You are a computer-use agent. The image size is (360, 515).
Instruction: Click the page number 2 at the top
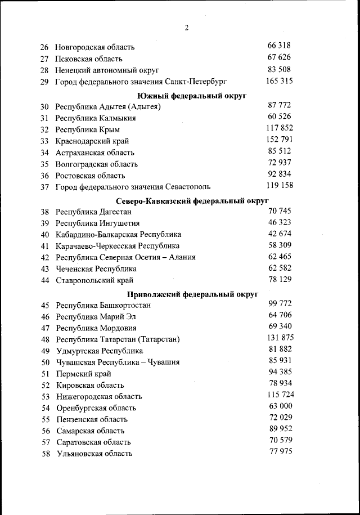click(186, 28)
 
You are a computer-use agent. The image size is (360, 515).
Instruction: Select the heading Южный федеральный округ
click(192, 96)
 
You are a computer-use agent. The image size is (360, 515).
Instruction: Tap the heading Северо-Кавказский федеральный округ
click(192, 200)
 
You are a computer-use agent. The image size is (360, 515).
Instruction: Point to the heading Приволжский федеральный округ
click(192, 294)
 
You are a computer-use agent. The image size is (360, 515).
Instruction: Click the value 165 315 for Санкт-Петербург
click(279, 81)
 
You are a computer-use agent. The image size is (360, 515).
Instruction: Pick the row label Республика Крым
click(87, 130)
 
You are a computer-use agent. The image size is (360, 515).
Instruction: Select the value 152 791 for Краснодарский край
click(279, 139)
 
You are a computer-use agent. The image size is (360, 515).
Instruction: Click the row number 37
click(45, 187)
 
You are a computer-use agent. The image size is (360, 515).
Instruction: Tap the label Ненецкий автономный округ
click(107, 70)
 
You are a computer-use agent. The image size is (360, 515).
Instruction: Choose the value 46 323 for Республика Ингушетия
click(280, 222)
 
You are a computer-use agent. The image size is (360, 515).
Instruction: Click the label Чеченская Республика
click(96, 269)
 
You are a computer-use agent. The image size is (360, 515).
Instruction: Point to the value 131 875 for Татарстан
click(280, 338)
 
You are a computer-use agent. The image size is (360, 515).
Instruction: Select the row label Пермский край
click(83, 374)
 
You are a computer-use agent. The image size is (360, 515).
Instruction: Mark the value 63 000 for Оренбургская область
click(280, 406)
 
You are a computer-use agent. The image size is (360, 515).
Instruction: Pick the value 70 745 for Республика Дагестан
click(280, 211)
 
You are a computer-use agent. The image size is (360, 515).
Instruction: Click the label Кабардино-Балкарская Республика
click(118, 235)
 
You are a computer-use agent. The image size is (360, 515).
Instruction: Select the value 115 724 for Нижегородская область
click(280, 395)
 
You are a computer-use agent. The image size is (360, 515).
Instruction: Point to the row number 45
click(46, 305)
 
